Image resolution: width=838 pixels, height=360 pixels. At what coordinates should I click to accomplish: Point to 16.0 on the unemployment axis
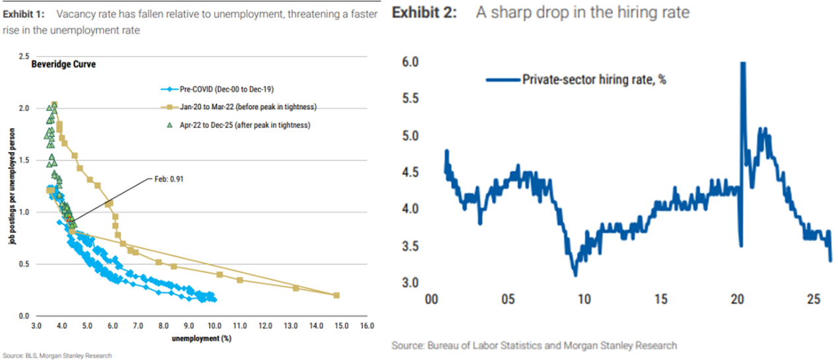point(367,326)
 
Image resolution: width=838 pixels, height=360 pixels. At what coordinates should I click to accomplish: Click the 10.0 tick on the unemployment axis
point(214,326)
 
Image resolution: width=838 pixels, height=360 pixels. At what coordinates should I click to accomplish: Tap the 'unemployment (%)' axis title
point(203,338)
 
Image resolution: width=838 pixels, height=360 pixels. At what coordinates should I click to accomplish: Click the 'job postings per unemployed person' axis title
point(11,187)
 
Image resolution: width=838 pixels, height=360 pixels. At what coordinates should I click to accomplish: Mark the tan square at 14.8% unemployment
point(336,295)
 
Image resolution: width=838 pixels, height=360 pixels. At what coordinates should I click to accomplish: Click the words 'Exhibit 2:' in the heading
point(424,13)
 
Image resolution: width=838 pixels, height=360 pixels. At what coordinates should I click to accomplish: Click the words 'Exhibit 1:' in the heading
point(24,14)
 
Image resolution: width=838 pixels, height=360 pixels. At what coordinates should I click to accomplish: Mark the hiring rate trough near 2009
point(575,274)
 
